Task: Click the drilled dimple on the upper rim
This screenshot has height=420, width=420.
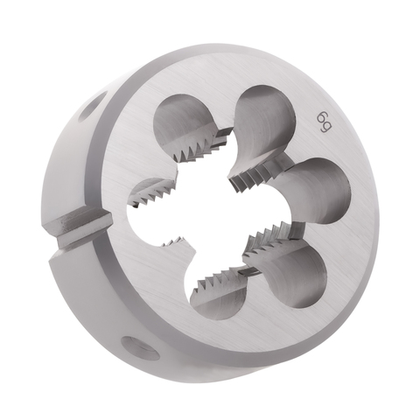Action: coord(91,107)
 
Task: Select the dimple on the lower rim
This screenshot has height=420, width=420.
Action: coord(141,347)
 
